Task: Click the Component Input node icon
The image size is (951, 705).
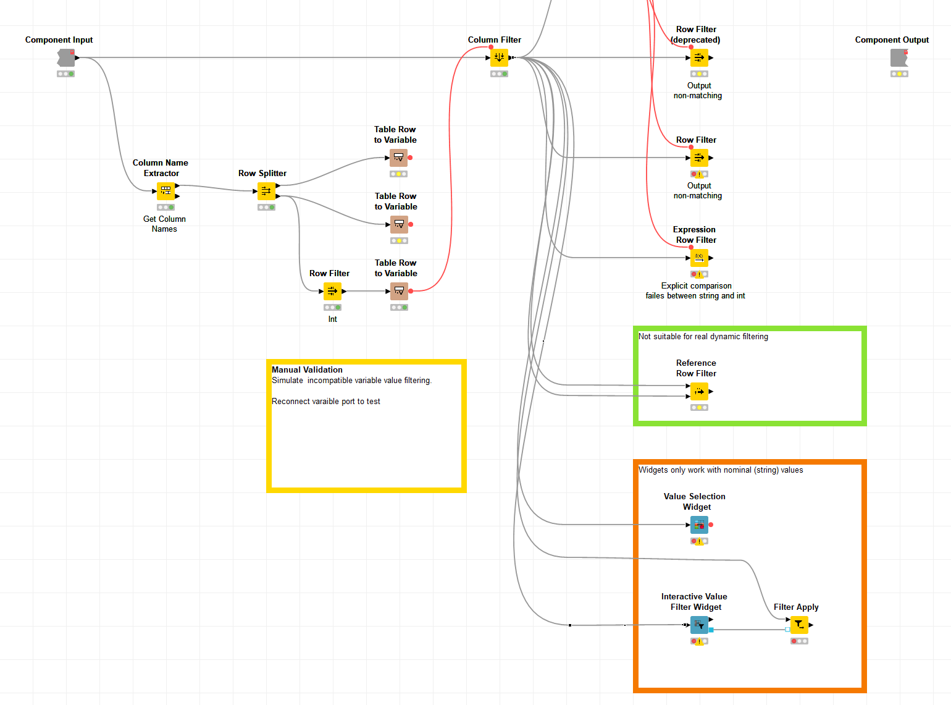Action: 66,58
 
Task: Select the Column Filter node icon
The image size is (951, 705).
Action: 499,58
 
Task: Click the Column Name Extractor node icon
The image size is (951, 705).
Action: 165,192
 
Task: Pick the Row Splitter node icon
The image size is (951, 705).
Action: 266,192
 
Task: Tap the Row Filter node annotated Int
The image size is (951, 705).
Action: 332,291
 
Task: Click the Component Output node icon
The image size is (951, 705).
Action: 899,58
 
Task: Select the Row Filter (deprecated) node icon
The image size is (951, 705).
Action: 699,58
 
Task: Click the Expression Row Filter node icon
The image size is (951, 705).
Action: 699,258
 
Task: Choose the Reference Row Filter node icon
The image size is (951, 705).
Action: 699,391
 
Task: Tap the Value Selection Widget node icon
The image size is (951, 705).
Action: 699,525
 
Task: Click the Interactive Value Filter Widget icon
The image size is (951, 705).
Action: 699,625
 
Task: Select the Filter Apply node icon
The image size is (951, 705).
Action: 799,625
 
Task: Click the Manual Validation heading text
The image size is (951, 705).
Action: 307,369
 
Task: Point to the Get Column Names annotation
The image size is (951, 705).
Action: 164,224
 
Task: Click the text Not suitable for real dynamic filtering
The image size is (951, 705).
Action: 703,337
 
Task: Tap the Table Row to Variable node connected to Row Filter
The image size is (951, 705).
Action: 399,291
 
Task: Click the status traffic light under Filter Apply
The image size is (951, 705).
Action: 799,641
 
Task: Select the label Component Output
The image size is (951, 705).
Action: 892,40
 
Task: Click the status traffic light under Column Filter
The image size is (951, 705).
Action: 499,74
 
